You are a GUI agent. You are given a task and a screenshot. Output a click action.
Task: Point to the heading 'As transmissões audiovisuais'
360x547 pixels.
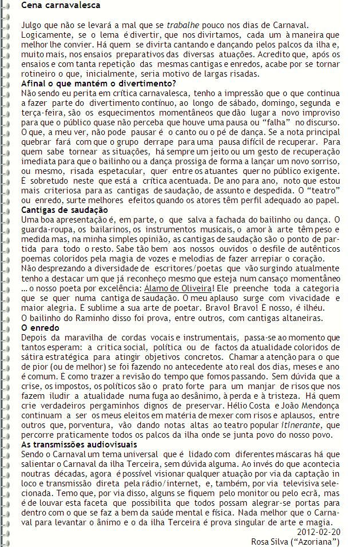click(79, 445)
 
